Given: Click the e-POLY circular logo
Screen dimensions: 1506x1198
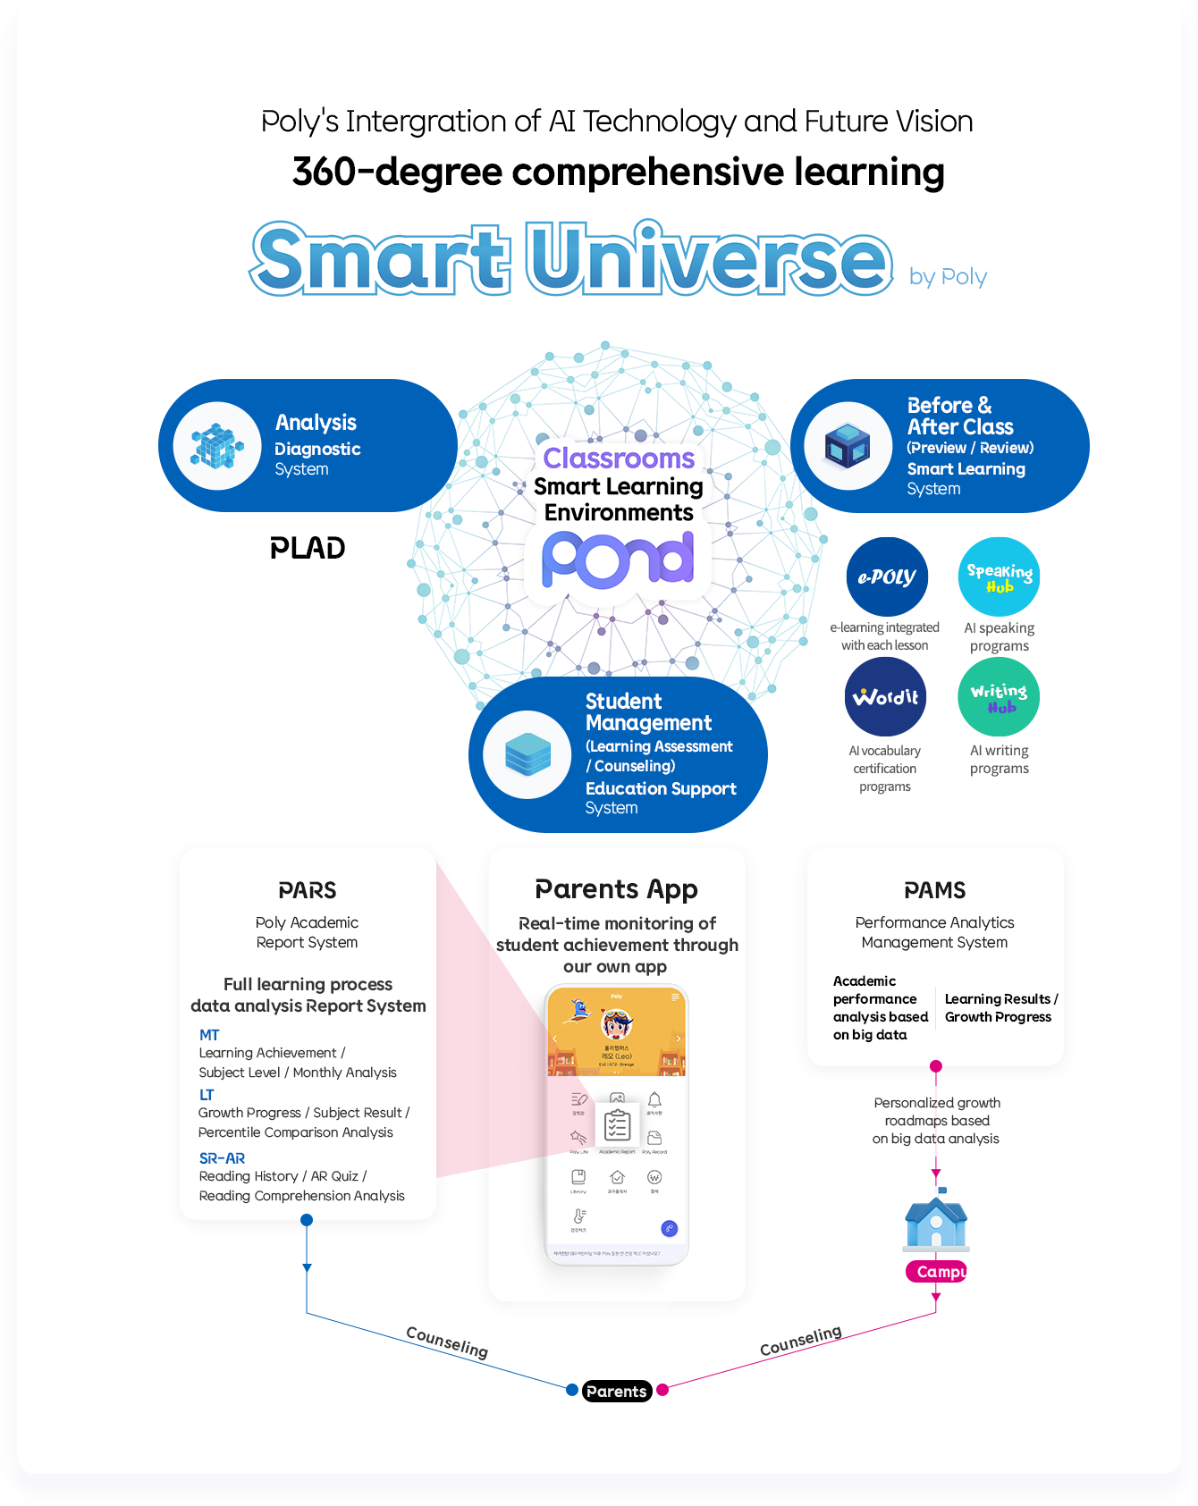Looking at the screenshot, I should [887, 576].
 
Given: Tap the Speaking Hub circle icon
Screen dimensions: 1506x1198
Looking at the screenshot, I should [999, 576].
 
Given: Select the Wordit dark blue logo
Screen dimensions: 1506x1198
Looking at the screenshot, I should [885, 697].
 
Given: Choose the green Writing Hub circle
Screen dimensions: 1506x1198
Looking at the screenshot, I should [999, 697].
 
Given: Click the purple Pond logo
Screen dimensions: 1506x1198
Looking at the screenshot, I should [618, 559].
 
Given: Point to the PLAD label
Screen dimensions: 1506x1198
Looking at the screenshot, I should [308, 548].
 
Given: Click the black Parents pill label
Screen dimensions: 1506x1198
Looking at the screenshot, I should [616, 1391].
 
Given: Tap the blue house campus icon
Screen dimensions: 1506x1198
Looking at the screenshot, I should [936, 1222].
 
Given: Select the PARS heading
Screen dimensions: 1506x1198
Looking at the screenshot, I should [308, 890].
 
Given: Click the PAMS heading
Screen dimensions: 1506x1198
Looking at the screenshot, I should [934, 890].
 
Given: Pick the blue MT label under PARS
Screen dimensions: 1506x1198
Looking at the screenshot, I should [209, 1035].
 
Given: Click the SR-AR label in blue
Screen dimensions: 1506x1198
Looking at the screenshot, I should [222, 1158].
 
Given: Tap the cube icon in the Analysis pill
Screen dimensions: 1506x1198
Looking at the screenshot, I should [217, 446].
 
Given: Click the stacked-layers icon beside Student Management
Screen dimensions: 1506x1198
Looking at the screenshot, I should [527, 754].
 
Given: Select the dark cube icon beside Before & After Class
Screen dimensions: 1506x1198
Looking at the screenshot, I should [848, 446].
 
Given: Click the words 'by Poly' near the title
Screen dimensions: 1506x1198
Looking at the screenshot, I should [948, 277].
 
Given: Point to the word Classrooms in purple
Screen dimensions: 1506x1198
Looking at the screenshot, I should [619, 459].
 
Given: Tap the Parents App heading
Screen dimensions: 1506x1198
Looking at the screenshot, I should [616, 889].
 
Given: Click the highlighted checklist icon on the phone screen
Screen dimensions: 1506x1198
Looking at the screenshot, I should [617, 1126].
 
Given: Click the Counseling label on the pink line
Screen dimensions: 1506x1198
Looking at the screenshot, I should [800, 1340].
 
